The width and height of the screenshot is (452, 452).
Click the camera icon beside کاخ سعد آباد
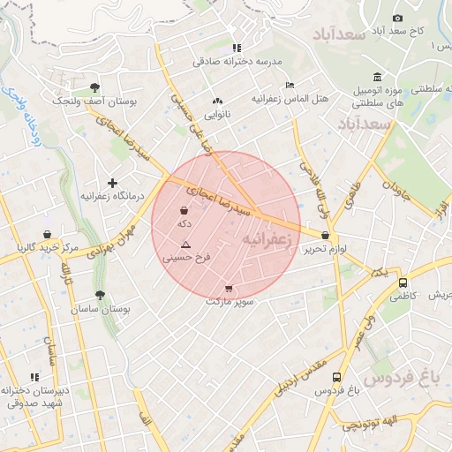point(397,19)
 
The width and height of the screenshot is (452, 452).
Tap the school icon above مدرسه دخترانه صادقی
point(236,48)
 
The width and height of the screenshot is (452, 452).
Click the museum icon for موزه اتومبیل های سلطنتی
point(378,77)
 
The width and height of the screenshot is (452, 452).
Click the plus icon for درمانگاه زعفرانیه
point(112,183)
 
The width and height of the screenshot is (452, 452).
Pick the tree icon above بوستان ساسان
point(99,296)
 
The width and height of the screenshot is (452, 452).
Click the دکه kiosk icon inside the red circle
point(184,211)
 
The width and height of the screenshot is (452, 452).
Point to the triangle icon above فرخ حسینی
point(185,244)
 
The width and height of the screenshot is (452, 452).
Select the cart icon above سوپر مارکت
point(230,289)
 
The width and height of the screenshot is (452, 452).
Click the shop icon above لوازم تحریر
point(327,236)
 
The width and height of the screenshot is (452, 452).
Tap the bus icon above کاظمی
point(403,284)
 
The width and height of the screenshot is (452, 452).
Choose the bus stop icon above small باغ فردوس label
point(336,377)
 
